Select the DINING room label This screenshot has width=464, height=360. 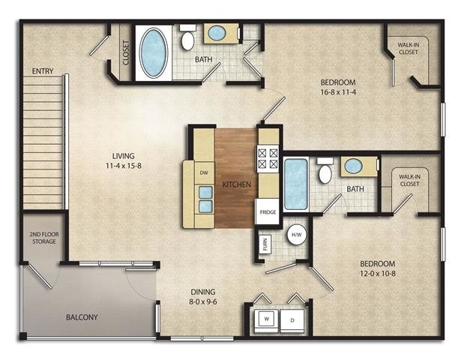(x=202, y=297)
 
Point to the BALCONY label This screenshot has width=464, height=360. (x=81, y=317)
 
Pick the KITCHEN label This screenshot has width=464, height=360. (x=236, y=184)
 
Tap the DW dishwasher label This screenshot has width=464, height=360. (x=203, y=173)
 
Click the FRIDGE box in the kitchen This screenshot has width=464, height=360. (x=268, y=212)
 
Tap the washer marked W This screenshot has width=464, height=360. (x=266, y=319)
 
